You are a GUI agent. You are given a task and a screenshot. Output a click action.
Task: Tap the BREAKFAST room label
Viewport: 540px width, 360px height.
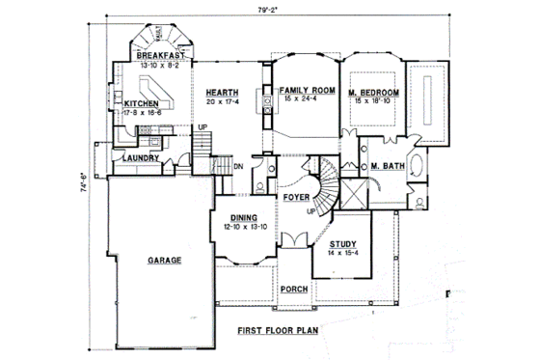pyautogui.click(x=160, y=57)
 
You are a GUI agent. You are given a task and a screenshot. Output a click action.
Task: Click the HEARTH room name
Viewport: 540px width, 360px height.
pyautogui.click(x=222, y=92)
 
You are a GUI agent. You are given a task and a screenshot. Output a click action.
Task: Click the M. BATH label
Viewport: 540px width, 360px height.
pyautogui.click(x=387, y=167)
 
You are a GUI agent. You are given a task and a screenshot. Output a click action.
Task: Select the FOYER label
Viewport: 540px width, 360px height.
pyautogui.click(x=295, y=197)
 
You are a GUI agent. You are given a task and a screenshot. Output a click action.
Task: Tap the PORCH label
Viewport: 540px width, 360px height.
pyautogui.click(x=293, y=289)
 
